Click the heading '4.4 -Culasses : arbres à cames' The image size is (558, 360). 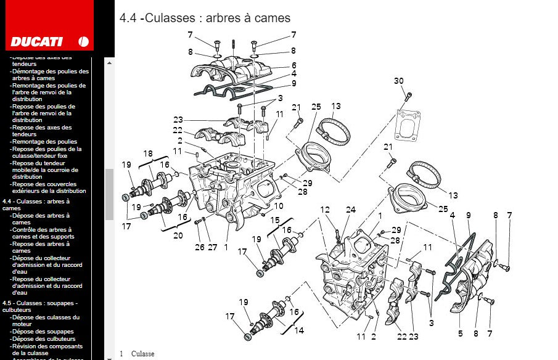pyautogui.click(x=205, y=18)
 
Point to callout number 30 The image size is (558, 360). pyautogui.click(x=399, y=81)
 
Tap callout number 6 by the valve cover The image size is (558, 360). pyautogui.click(x=294, y=65)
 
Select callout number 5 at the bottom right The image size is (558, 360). pyautogui.click(x=460, y=333)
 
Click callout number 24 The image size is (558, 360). pyautogui.click(x=351, y=210)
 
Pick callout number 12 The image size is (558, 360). pyautogui.click(x=325, y=210)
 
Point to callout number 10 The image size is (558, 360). pyautogui.click(x=279, y=207)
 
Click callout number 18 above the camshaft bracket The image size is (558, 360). pyautogui.click(x=148, y=153)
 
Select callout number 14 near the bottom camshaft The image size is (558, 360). pyautogui.click(x=298, y=330)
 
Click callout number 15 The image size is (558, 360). pyautogui.click(x=274, y=220)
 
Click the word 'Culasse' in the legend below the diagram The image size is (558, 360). pyautogui.click(x=142, y=354)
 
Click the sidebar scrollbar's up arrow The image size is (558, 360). pyautogui.click(x=109, y=62)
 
